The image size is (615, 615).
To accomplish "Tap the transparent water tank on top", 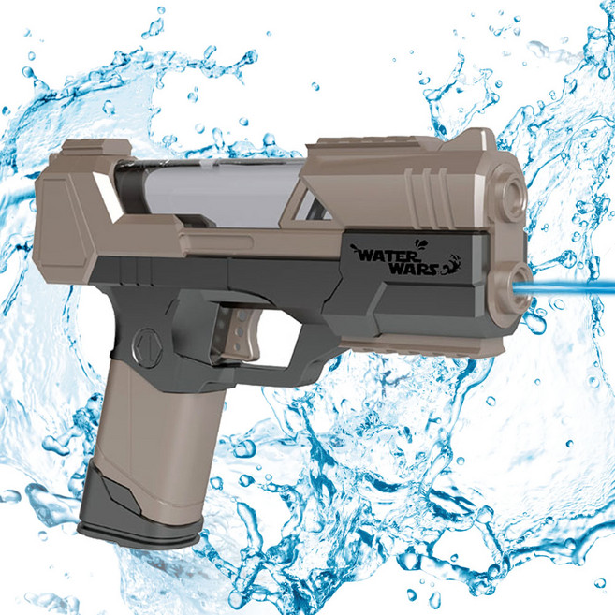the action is click(x=220, y=192).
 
